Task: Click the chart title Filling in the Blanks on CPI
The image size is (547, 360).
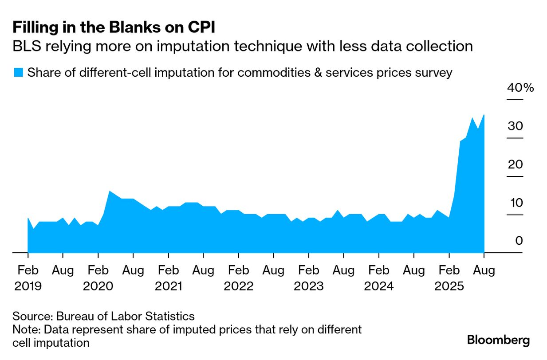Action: [x=114, y=27]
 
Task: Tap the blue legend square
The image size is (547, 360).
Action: [x=18, y=72]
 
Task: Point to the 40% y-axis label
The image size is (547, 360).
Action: [x=520, y=87]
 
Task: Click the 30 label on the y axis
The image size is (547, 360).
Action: [x=516, y=126]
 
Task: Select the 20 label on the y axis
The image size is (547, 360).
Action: [x=516, y=164]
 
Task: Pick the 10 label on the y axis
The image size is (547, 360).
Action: [x=516, y=203]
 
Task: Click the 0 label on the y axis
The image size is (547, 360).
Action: [x=519, y=241]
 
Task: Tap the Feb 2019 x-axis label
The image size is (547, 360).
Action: [x=28, y=278]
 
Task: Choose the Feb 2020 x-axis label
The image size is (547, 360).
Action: [x=98, y=278]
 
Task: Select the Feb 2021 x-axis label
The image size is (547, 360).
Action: [x=168, y=278]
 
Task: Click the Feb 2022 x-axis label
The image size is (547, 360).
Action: [x=238, y=278]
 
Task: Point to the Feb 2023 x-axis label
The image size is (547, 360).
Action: [x=308, y=278]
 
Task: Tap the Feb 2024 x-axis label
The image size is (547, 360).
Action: [x=378, y=278]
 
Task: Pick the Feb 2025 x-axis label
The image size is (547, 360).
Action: [x=449, y=278]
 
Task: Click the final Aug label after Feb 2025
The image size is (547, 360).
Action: [x=484, y=270]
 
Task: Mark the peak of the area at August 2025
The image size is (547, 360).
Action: [x=484, y=115]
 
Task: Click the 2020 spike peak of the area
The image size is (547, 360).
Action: [x=110, y=191]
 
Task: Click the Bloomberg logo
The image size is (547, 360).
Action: [x=498, y=340]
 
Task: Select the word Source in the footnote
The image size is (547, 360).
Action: [x=32, y=317]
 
